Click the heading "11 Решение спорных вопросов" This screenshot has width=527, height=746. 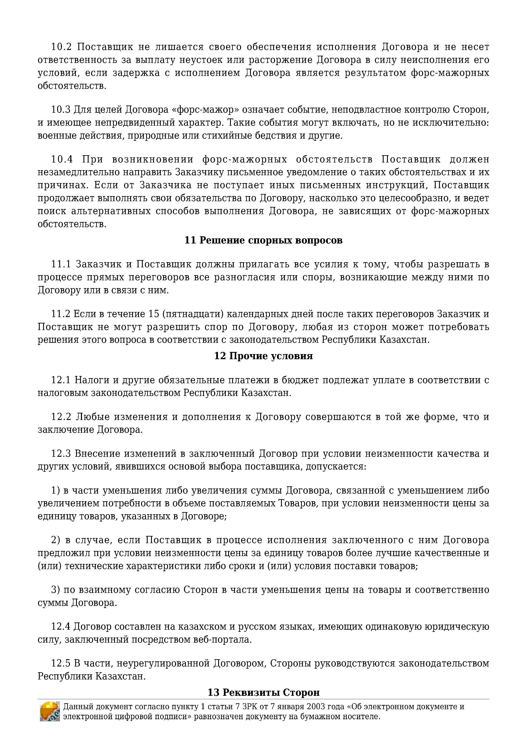(263, 241)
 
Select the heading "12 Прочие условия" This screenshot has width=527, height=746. (263, 356)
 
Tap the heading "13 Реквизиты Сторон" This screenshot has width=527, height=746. (263, 692)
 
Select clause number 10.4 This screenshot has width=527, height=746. (62, 159)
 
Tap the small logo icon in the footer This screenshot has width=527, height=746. (50, 712)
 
